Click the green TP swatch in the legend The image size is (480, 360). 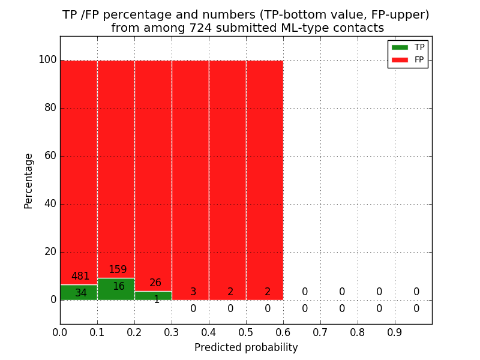(x=400, y=47)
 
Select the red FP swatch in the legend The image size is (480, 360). (x=400, y=59)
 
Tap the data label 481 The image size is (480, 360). (x=80, y=277)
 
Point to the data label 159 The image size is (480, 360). (x=118, y=270)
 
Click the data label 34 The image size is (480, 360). (x=80, y=293)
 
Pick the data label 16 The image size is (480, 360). (x=119, y=287)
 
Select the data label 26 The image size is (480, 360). (x=155, y=283)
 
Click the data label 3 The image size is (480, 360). (x=193, y=292)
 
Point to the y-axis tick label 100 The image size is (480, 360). (x=47, y=60)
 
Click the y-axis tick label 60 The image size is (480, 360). (x=50, y=156)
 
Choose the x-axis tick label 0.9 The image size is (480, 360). (x=395, y=332)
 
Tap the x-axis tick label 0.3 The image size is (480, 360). (x=172, y=332)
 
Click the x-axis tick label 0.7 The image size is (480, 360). (x=320, y=332)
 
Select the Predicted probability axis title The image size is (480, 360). (x=246, y=348)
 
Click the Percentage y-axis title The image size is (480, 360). (x=29, y=181)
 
